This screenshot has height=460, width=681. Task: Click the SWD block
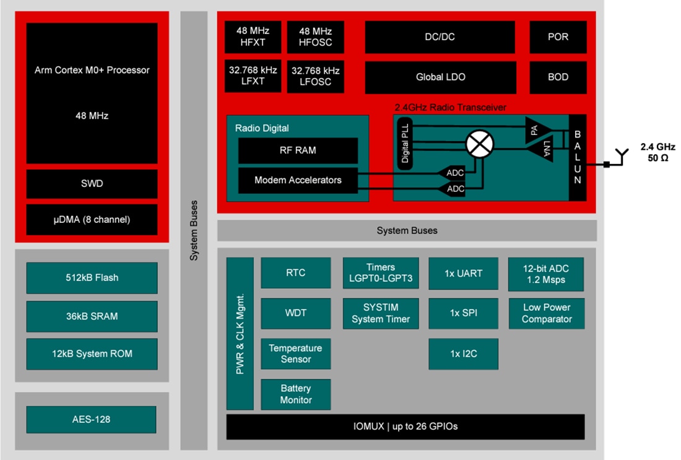[x=92, y=184]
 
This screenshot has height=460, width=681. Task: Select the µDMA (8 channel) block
[x=92, y=219]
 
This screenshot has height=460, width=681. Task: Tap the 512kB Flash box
[x=92, y=277]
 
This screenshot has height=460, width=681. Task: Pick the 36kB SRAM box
[x=92, y=316]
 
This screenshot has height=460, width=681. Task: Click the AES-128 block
[x=91, y=419]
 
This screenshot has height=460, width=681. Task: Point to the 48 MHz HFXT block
[x=253, y=37]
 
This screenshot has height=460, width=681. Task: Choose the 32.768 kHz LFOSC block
[x=316, y=76]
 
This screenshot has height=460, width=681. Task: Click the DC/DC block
[x=440, y=37]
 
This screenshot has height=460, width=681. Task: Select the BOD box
[x=558, y=77]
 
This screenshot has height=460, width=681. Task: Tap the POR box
[x=558, y=37]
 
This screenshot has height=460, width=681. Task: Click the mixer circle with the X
[x=480, y=145]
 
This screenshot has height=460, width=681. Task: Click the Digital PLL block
[x=404, y=143]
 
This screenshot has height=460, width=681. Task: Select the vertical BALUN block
[x=577, y=157]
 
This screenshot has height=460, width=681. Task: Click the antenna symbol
[x=622, y=157]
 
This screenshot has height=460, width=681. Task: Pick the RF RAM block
[x=298, y=150]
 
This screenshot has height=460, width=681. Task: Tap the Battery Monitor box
[x=296, y=394]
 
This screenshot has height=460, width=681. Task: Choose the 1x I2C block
[x=463, y=354]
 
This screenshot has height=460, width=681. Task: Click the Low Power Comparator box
[x=546, y=313]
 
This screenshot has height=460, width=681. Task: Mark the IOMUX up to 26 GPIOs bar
[x=406, y=427]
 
